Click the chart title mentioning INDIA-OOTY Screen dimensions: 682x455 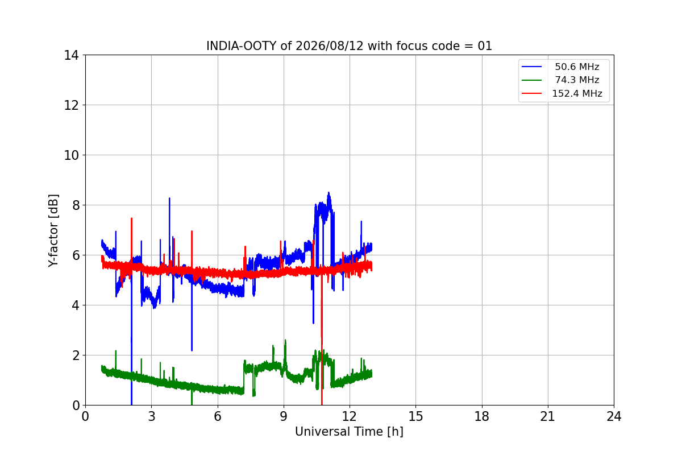point(349,46)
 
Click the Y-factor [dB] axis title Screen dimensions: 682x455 point(53,230)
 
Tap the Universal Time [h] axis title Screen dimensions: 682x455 point(349,432)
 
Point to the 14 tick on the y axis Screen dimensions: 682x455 point(71,55)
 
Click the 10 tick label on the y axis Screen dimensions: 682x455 point(71,155)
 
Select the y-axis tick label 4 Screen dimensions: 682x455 point(75,305)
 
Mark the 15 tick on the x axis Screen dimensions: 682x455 point(415,416)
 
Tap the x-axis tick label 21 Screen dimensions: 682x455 point(548,416)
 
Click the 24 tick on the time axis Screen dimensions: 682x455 point(614,416)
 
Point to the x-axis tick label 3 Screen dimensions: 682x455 point(152,416)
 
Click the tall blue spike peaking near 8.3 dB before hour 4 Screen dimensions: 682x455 point(169,198)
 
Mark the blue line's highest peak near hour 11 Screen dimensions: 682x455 point(328,193)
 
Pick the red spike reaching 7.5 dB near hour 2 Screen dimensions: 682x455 point(131,218)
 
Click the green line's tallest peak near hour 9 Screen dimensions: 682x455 point(285,340)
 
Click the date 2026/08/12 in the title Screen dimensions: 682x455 point(330,46)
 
